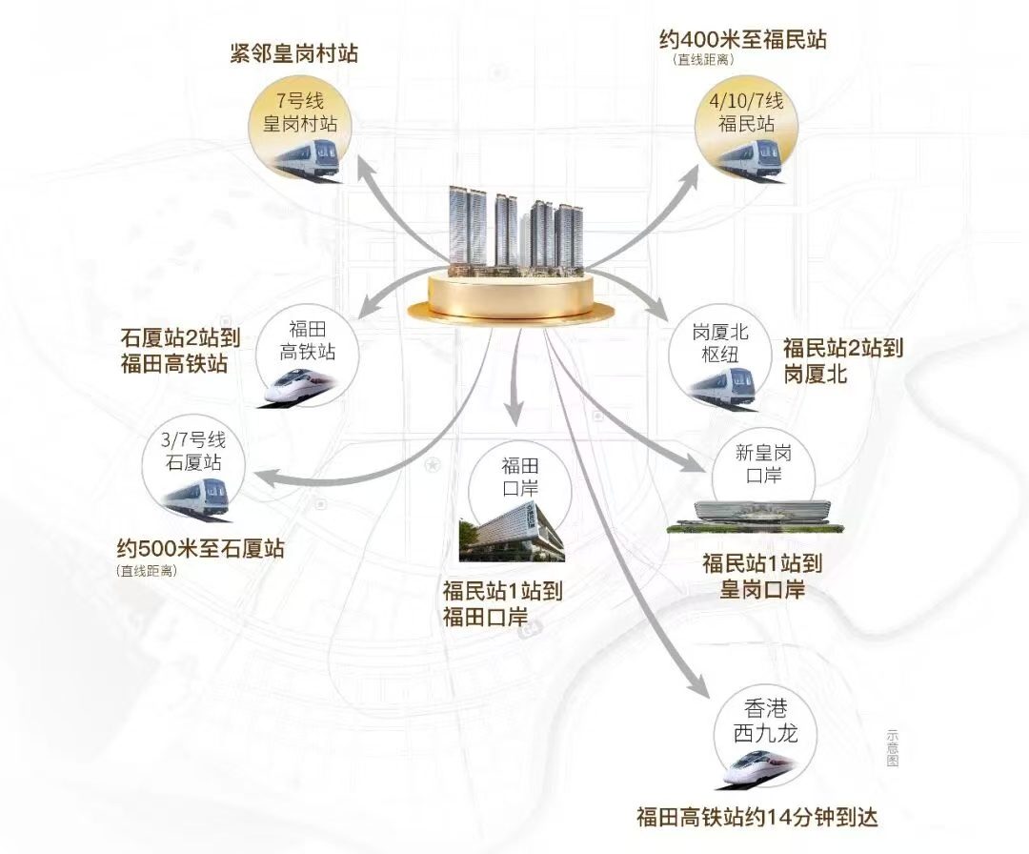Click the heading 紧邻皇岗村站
click(x=294, y=53)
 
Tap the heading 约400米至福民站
click(x=743, y=39)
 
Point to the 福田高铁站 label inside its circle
click(x=307, y=340)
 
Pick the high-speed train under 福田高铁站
click(x=297, y=387)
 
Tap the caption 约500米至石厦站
click(x=201, y=548)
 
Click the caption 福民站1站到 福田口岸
click(x=503, y=604)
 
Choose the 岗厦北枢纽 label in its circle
click(x=720, y=343)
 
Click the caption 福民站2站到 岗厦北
click(x=843, y=359)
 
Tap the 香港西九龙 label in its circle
click(x=765, y=721)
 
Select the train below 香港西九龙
click(x=759, y=769)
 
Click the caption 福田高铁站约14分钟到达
click(x=757, y=817)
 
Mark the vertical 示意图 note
click(x=892, y=748)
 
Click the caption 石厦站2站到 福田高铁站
click(x=180, y=351)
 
